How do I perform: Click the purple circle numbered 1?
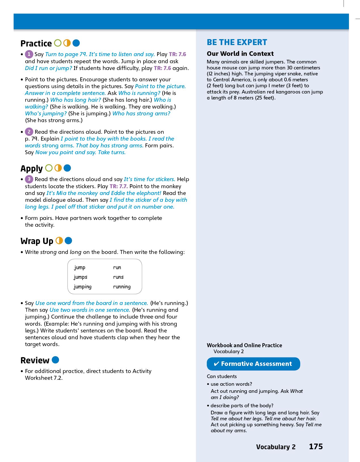(x=29, y=54)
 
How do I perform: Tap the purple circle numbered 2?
(x=29, y=132)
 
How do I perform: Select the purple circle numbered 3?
(x=29, y=179)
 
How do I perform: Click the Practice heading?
(x=36, y=43)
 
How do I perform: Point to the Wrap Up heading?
(x=37, y=241)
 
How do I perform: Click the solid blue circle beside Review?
(x=56, y=360)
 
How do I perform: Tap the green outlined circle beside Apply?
(x=49, y=168)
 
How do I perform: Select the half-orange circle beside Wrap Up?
(x=59, y=241)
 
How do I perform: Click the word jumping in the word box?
(x=83, y=287)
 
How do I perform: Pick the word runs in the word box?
(x=118, y=277)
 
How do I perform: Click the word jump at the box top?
(x=80, y=267)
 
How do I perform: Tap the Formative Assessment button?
(x=253, y=364)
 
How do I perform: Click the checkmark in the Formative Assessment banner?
(x=216, y=364)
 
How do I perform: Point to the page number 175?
(x=316, y=447)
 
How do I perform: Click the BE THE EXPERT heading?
(x=237, y=42)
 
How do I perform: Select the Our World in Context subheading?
(x=240, y=54)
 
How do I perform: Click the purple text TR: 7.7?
(x=119, y=186)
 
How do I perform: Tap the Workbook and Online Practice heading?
(x=244, y=345)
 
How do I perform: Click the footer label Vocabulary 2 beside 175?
(x=276, y=447)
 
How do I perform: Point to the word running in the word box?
(x=122, y=287)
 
